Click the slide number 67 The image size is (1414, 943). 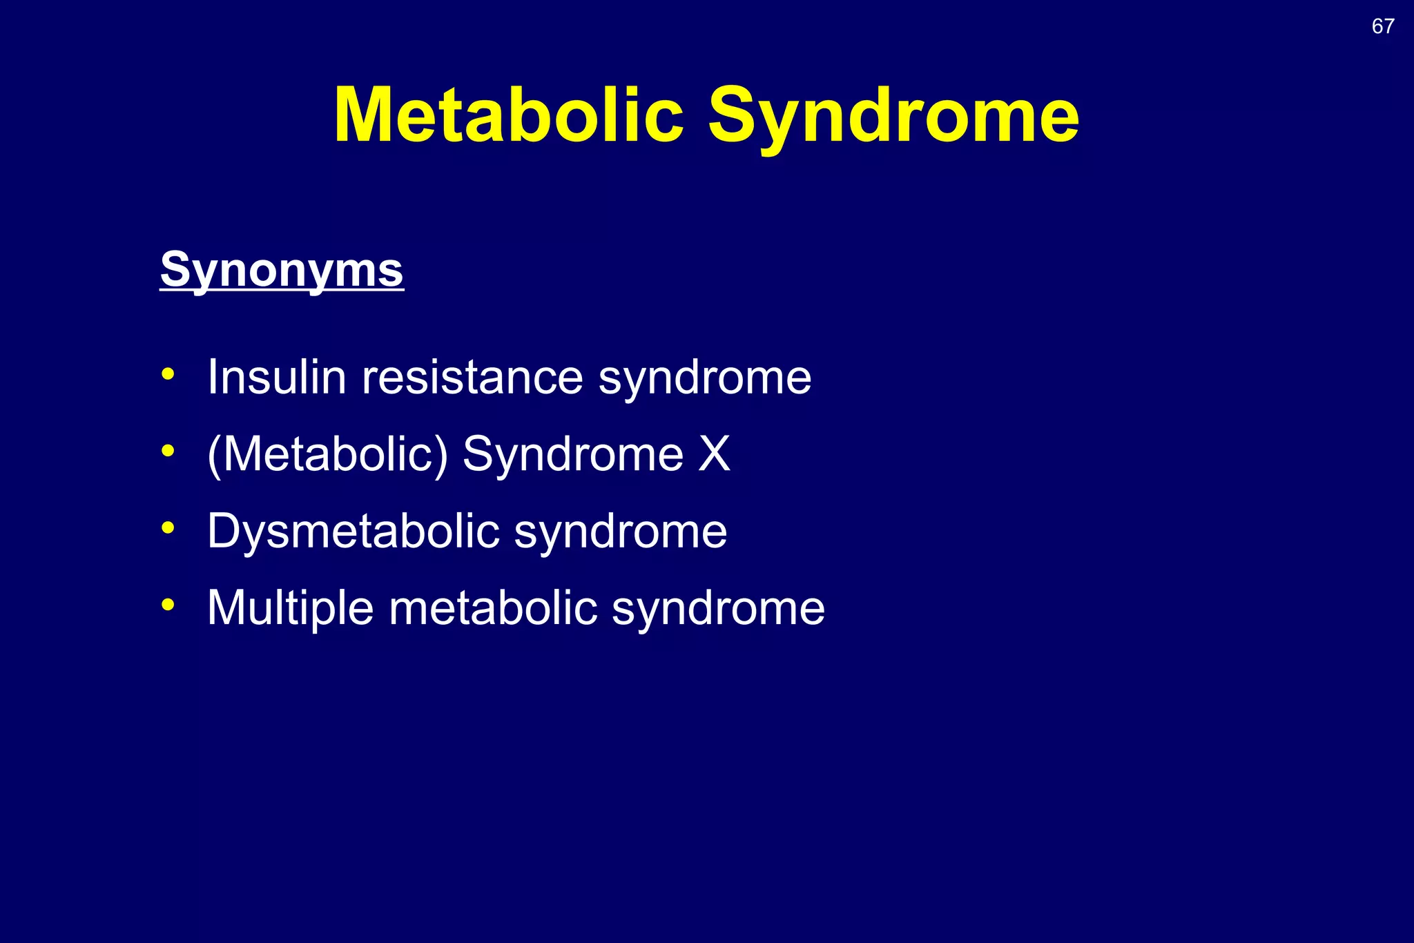1383,26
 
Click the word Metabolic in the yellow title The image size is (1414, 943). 508,115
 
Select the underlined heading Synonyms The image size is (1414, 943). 282,269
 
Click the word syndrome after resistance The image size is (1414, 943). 704,378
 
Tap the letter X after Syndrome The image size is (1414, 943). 714,454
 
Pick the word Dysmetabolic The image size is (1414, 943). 353,532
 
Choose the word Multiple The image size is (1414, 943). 290,609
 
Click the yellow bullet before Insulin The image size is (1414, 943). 168,375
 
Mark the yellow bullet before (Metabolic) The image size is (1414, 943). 168,451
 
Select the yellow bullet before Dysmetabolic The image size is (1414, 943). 168,529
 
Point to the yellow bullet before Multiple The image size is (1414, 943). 168,605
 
